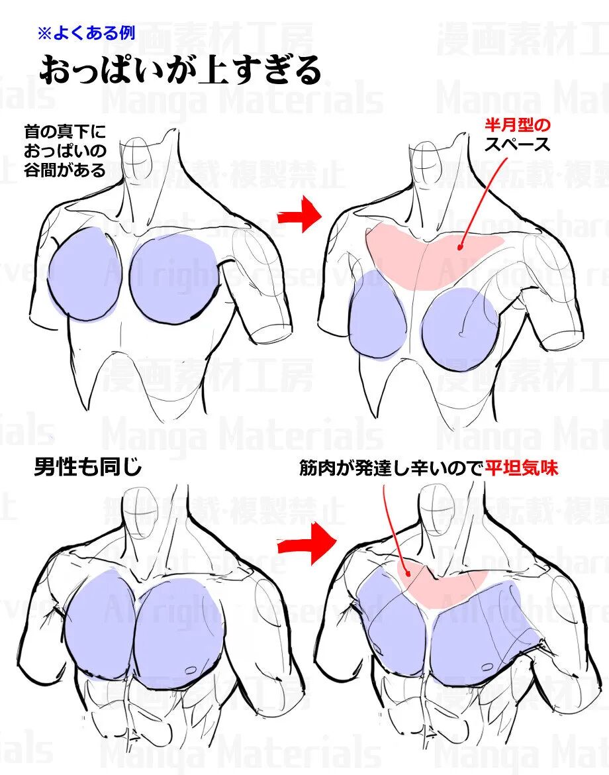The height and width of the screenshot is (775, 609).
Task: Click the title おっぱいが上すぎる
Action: point(180,70)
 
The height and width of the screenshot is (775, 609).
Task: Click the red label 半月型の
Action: point(517,125)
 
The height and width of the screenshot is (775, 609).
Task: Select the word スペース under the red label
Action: point(517,144)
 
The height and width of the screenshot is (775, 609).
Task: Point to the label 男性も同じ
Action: point(87,468)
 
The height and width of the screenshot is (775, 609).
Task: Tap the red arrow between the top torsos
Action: point(299,214)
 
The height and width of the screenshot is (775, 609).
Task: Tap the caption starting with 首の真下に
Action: point(65,150)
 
